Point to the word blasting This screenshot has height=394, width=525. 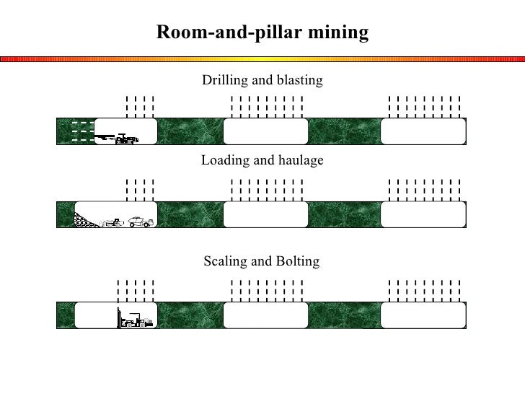(299, 79)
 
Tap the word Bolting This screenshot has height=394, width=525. (299, 261)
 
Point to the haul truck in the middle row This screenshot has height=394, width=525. (141, 221)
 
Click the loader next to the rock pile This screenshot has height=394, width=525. (112, 222)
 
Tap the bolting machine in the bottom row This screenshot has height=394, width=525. (135, 319)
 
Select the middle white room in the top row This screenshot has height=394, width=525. (265, 132)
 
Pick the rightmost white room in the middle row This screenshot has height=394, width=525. (423, 214)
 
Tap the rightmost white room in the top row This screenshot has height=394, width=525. (423, 132)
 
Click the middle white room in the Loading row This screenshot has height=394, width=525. (265, 214)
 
